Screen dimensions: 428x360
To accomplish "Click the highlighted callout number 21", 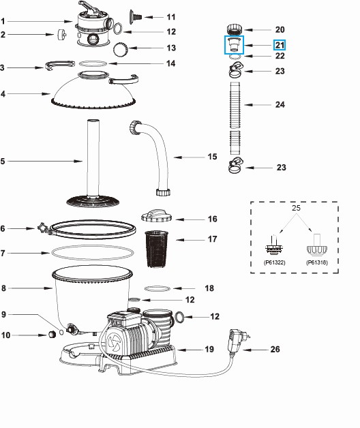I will click(280, 45).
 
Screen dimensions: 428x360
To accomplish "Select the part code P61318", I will click(316, 262).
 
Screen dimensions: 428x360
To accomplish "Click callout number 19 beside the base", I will click(209, 349).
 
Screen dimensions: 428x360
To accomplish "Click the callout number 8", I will click(4, 288).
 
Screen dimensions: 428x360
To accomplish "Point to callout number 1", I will click(4, 22).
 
